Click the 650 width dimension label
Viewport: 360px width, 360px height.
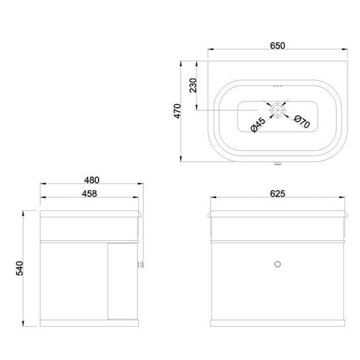tap(277, 45)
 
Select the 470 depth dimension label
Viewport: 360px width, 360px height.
tap(178, 111)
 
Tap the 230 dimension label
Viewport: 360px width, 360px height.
tap(193, 85)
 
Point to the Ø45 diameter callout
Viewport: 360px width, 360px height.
tap(257, 124)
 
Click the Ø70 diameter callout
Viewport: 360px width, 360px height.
tap(302, 121)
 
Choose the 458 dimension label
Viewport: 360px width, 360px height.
tap(89, 193)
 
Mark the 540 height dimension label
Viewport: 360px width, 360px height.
tap(18, 269)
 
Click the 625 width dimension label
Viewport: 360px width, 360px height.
tap(277, 194)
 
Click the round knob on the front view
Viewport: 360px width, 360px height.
tap(278, 264)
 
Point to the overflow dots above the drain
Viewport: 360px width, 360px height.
tap(277, 85)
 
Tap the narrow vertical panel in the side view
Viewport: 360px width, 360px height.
tap(123, 281)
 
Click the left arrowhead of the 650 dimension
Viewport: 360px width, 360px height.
tap(210, 50)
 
